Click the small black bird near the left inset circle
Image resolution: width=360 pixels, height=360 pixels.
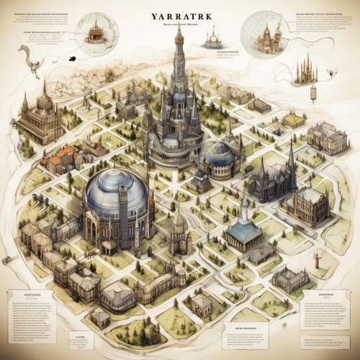pyautogui.click(x=73, y=58)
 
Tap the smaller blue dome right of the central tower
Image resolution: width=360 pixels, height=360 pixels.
pyautogui.click(x=220, y=153)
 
